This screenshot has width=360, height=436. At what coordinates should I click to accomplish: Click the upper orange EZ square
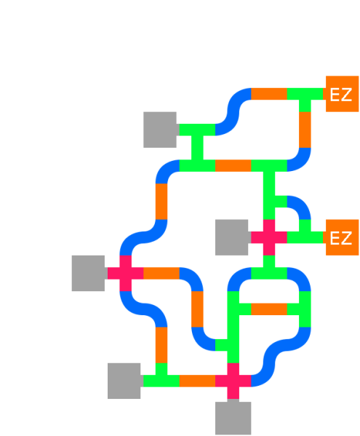(x=342, y=94)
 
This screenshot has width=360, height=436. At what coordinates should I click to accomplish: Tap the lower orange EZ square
(x=342, y=237)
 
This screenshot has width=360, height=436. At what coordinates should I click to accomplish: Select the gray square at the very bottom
(x=233, y=418)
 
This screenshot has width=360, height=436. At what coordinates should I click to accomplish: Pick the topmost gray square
(x=160, y=130)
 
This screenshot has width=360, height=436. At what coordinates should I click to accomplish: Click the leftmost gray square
(x=89, y=273)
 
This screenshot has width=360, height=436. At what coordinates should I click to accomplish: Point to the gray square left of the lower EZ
(x=233, y=237)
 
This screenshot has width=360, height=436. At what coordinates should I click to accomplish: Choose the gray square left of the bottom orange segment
(x=124, y=381)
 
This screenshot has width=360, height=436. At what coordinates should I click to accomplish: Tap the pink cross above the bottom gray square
(x=233, y=380)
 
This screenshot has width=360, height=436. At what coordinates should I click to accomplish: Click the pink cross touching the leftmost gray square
(x=125, y=273)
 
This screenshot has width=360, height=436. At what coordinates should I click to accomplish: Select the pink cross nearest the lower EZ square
(x=269, y=237)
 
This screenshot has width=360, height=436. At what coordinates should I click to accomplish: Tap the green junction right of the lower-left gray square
(x=161, y=378)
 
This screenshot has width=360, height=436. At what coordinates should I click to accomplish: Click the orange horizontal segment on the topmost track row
(x=269, y=94)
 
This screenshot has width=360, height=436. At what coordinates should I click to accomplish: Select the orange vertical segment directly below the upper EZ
(x=305, y=130)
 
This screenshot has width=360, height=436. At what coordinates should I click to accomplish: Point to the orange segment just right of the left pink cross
(x=161, y=273)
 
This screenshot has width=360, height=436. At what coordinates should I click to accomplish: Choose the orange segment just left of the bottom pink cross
(x=197, y=381)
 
